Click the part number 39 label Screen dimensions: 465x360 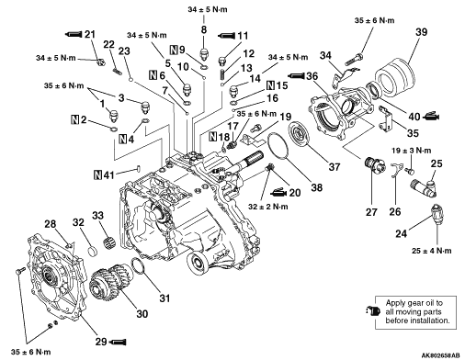pyautogui.click(x=421, y=32)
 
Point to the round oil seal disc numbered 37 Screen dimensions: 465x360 pyautogui.click(x=300, y=134)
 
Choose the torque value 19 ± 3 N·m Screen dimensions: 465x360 pyautogui.click(x=411, y=151)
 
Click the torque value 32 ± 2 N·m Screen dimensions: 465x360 pyautogui.click(x=268, y=207)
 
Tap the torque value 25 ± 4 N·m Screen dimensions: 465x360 pyautogui.click(x=431, y=251)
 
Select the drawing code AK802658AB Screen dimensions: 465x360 pyautogui.click(x=440, y=355)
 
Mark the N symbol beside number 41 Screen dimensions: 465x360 pyautogui.click(x=98, y=175)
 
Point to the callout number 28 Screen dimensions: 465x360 pyautogui.click(x=51, y=224)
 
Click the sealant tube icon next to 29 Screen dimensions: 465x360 pyautogui.click(x=118, y=342)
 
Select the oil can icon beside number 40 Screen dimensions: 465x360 pyautogui.click(x=431, y=117)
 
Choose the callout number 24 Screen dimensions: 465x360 pyautogui.click(x=402, y=233)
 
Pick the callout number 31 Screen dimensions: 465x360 pyautogui.click(x=164, y=298)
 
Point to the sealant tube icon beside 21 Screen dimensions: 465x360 pyautogui.click(x=74, y=34)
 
